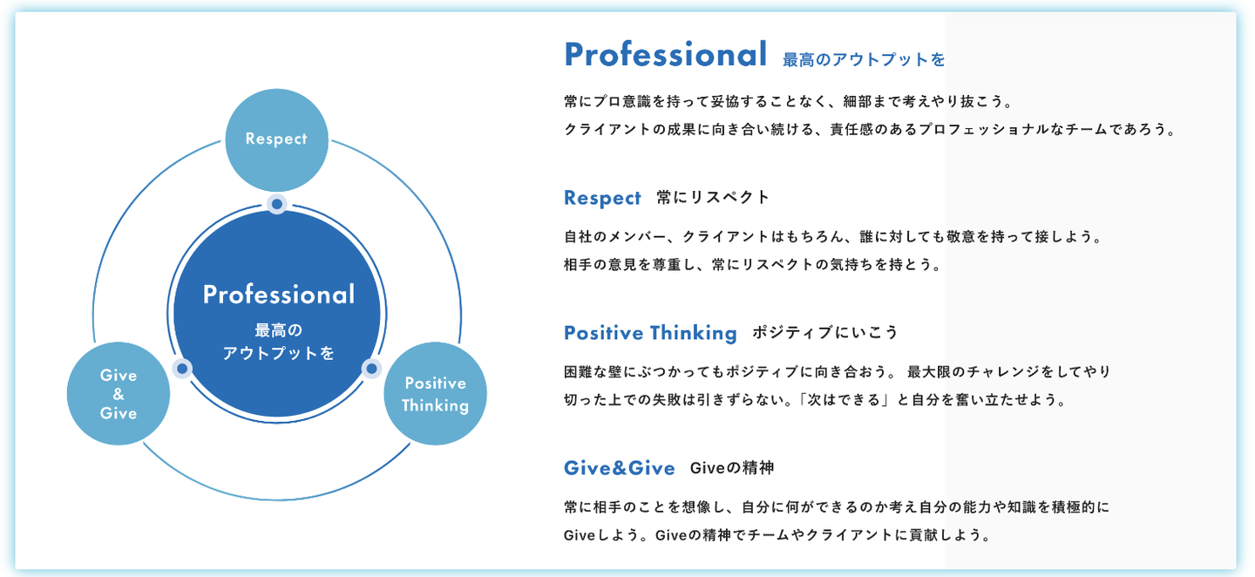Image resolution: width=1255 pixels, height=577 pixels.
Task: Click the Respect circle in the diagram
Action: point(276,139)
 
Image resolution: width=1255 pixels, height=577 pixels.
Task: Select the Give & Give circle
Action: point(119,394)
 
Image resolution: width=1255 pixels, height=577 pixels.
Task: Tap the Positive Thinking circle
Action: point(435,394)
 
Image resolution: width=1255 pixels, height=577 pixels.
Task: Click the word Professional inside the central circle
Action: point(279,295)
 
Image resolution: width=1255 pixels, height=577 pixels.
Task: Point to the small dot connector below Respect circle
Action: point(277,204)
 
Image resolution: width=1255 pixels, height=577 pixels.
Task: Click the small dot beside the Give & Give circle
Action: point(182,369)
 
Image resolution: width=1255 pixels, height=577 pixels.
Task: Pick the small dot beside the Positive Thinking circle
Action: point(372,369)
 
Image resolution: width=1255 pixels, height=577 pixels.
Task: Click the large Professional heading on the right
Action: point(666,55)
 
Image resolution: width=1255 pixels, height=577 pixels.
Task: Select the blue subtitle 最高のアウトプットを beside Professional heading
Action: point(864,60)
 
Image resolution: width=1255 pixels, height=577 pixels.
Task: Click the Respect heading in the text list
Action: point(602,198)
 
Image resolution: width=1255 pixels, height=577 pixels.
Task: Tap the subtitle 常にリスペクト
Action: point(713,198)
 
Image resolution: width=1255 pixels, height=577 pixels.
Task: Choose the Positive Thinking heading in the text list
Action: point(650,333)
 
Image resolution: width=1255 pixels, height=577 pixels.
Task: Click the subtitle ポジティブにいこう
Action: point(824,333)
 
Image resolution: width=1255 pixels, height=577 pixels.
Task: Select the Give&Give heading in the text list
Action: point(619,468)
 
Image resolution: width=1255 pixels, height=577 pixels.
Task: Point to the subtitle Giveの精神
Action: point(731,468)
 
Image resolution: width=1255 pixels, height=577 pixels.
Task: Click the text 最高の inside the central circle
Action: point(278,331)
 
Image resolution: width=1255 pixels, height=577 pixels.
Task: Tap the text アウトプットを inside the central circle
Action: point(278,354)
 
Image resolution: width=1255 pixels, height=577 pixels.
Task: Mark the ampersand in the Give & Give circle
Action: point(119,394)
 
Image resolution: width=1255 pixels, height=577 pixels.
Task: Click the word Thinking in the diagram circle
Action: point(435,405)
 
